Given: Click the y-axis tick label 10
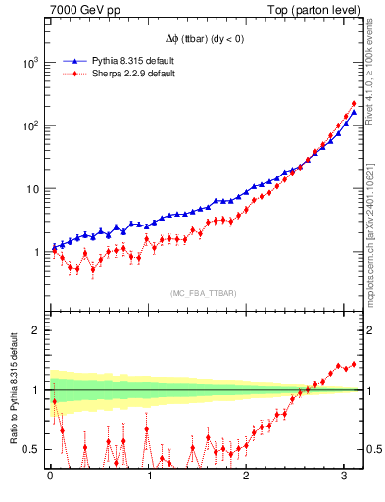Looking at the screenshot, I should pos(31,188).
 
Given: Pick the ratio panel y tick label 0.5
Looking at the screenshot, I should pos(32,449).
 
